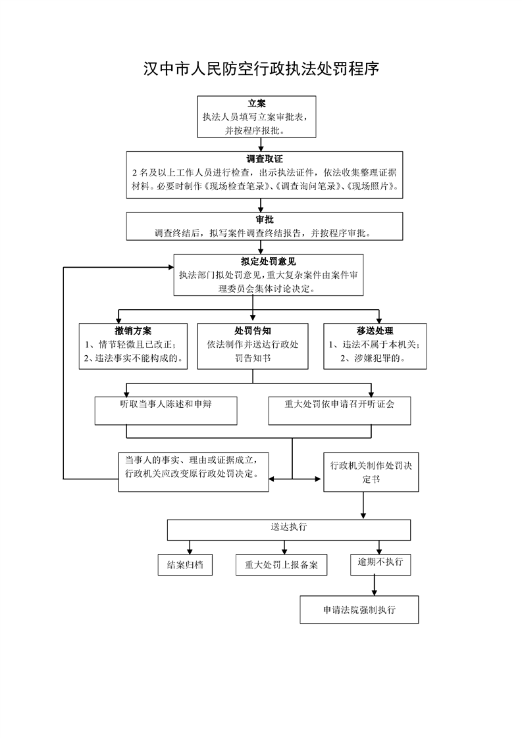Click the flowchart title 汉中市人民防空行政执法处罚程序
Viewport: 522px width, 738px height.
click(261, 70)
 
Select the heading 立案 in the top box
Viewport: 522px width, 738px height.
click(257, 104)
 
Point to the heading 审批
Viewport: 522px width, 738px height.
click(265, 220)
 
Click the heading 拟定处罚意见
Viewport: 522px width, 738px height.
click(268, 262)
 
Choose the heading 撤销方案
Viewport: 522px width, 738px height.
click(133, 331)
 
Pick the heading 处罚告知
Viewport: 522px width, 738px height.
click(253, 331)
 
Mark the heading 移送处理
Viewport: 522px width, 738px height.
click(375, 331)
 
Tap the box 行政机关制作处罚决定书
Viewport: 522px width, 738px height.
click(371, 472)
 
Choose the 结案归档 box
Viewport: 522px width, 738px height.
click(185, 565)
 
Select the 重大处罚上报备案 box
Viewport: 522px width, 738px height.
click(282, 565)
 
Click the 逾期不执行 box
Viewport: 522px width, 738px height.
click(380, 564)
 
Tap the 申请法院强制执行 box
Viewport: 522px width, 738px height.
click(359, 610)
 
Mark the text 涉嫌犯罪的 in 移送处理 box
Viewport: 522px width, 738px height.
click(373, 358)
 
